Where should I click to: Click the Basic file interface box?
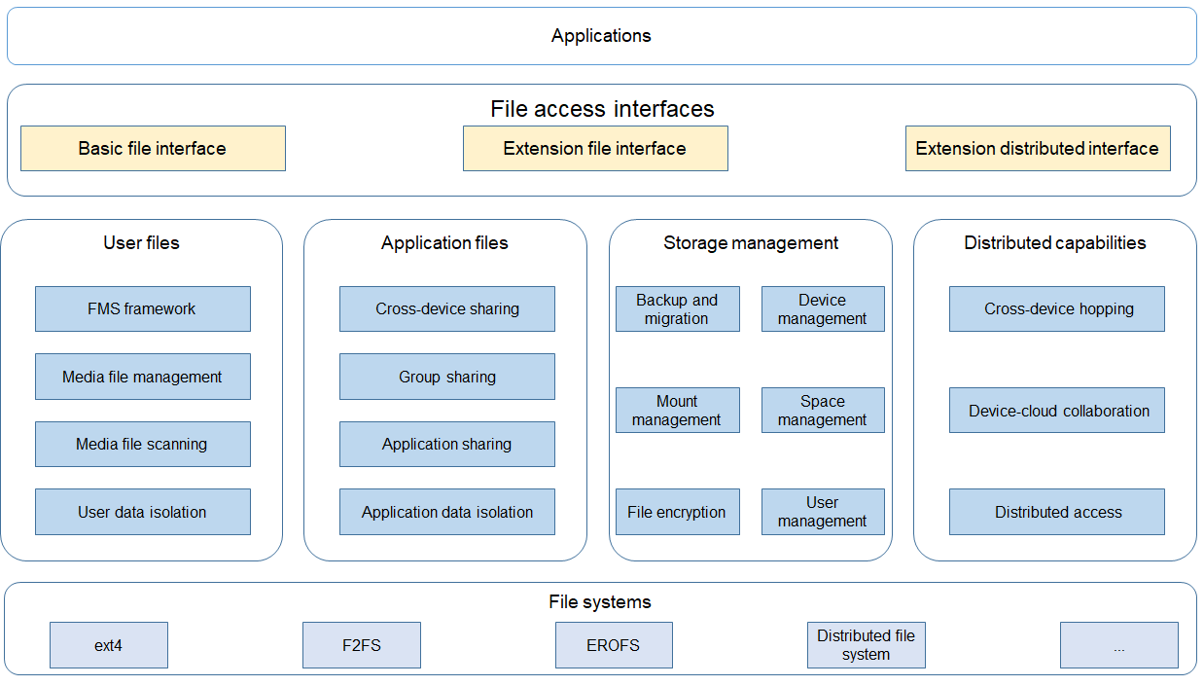point(154,148)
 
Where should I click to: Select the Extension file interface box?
point(595,148)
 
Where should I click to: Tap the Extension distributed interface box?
point(1038,148)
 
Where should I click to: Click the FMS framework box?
point(143,309)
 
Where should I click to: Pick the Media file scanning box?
point(143,444)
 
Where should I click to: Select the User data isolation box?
point(143,512)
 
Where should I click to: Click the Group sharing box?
point(447,377)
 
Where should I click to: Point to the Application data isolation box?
point(447,512)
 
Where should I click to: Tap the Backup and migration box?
point(678,309)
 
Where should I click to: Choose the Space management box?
point(823,411)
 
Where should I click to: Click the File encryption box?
point(678,512)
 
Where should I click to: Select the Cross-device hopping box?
point(1057,309)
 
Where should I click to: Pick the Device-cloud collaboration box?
point(1057,411)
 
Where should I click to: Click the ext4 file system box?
point(109,645)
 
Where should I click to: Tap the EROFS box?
point(614,645)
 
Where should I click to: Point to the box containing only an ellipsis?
point(1119,645)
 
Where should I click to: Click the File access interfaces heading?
point(602,109)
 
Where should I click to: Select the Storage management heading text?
point(751,243)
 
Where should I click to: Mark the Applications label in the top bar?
point(601,35)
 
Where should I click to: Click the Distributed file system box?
point(867,645)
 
